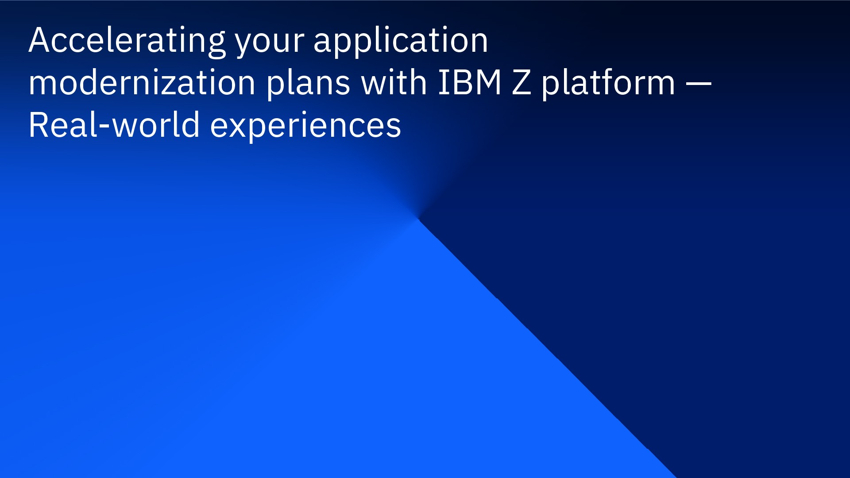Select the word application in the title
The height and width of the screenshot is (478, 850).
click(x=400, y=41)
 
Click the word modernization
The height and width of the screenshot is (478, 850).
click(x=142, y=83)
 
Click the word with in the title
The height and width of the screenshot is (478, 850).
click(x=394, y=83)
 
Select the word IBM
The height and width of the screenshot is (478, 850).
click(x=469, y=83)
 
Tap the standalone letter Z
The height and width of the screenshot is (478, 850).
click(x=521, y=83)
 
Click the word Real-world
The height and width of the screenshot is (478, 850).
click(x=114, y=125)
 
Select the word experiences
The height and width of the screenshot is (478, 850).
click(x=305, y=126)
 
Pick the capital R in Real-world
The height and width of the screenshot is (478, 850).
click(x=39, y=125)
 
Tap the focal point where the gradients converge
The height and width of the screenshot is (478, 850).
click(x=417, y=218)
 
